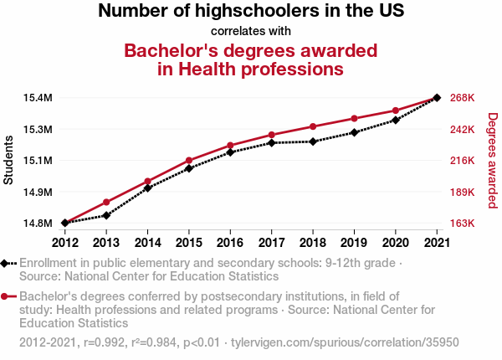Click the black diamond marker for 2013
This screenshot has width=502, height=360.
point(106,215)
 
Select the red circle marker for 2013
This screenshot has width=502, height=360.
point(106,202)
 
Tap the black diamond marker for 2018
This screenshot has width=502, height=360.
point(313,141)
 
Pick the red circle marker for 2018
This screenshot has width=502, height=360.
point(313,126)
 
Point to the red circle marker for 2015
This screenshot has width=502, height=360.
point(189,160)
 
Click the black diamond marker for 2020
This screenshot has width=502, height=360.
point(395,120)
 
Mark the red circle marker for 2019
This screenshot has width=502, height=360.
point(354,118)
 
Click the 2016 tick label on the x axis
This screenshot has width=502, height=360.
point(230,243)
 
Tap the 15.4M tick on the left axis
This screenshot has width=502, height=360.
point(38,98)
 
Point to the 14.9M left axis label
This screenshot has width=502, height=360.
point(38,192)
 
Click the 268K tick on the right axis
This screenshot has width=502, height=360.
point(463,98)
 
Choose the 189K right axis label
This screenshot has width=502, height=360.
point(463,192)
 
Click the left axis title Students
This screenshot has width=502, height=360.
point(9,160)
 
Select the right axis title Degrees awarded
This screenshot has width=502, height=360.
point(493,160)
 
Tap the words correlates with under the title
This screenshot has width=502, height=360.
point(251,31)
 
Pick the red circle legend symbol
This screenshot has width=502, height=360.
point(6,296)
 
